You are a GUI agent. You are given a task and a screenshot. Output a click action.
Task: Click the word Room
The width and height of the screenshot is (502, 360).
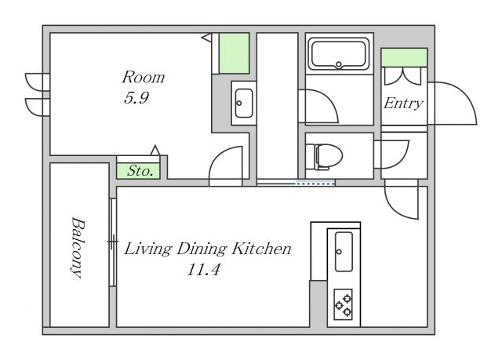pyautogui.click(x=144, y=77)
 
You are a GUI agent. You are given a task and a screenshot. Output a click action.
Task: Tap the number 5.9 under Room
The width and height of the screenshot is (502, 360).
pyautogui.click(x=136, y=97)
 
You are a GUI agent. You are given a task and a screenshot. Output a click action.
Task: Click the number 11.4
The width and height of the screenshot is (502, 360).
pyautogui.click(x=203, y=270)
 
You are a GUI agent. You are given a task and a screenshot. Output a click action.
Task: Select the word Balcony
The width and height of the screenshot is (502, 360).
pyautogui.click(x=78, y=248)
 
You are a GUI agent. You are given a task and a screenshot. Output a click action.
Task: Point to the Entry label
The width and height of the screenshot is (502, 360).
pyautogui.click(x=403, y=104)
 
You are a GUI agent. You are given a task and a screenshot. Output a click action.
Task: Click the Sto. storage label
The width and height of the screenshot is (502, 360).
pyautogui.click(x=140, y=171)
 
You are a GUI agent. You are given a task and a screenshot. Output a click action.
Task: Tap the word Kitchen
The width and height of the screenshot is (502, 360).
pyautogui.click(x=261, y=249)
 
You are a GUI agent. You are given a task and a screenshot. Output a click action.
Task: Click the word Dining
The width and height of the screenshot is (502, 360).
pyautogui.click(x=202, y=249)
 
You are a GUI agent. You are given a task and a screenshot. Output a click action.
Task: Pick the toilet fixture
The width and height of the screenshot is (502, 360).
pyautogui.click(x=324, y=156)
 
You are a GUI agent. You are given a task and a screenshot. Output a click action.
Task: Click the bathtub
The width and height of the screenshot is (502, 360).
pyautogui.click(x=339, y=53)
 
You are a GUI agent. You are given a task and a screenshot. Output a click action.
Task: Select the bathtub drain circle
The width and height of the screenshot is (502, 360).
pyautogui.click(x=339, y=64)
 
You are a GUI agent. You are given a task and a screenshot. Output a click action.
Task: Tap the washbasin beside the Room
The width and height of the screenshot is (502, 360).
pyautogui.click(x=244, y=103)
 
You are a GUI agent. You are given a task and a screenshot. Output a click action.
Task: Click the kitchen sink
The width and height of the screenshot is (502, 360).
pyautogui.click(x=344, y=252)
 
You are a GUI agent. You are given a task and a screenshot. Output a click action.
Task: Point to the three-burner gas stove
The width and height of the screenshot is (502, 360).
pyautogui.click(x=344, y=304)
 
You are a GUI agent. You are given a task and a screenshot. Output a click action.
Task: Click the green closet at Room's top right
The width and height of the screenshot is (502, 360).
pyautogui.click(x=234, y=53)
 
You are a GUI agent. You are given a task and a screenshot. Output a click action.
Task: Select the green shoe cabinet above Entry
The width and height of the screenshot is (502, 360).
pyautogui.click(x=405, y=57)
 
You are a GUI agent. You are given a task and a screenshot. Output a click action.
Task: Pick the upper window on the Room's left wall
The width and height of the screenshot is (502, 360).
pyautogui.click(x=36, y=82)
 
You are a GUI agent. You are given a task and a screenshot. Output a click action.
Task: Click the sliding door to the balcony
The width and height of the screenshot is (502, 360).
pyautogui.click(x=112, y=242)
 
